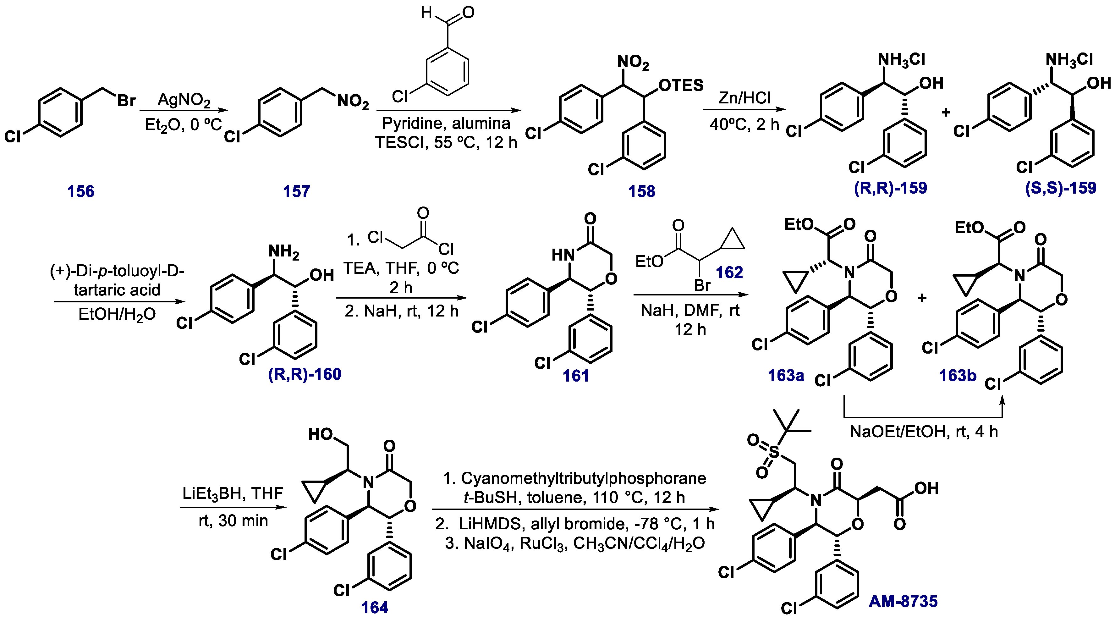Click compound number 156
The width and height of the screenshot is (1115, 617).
click(x=80, y=191)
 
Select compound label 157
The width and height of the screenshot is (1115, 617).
click(x=296, y=191)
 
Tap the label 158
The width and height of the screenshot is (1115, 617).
click(x=641, y=191)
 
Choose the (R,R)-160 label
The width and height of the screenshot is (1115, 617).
click(x=305, y=374)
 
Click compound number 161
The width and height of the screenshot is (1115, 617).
click(x=576, y=376)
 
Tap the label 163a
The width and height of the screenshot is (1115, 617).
click(x=786, y=375)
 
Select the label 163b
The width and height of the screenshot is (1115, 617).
click(x=958, y=375)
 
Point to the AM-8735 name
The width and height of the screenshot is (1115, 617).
click(x=903, y=601)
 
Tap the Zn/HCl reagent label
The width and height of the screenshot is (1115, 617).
click(x=744, y=98)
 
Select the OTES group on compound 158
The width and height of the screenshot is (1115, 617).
click(x=681, y=85)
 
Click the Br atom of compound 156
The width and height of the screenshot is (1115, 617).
click(x=126, y=101)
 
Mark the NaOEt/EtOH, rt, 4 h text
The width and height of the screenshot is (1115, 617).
click(x=924, y=432)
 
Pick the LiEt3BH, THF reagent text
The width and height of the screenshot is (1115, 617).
click(x=233, y=493)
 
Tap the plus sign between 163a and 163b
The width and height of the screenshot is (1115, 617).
click(x=922, y=298)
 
